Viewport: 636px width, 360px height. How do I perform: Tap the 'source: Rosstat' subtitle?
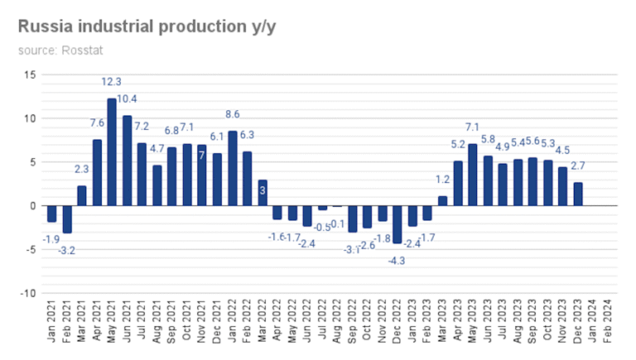pyautogui.click(x=54, y=50)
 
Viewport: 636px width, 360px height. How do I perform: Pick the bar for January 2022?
pyautogui.click(x=233, y=168)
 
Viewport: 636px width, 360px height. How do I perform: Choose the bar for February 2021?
pyautogui.click(x=67, y=219)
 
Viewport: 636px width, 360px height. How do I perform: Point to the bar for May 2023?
pyautogui.click(x=473, y=175)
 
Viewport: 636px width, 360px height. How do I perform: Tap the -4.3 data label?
pyautogui.click(x=397, y=261)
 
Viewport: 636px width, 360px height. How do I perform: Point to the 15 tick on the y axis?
pyautogui.click(x=31, y=74)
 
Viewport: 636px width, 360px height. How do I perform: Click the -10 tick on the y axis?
pyautogui.click(x=28, y=293)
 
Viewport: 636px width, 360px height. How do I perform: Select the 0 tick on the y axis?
pyautogui.click(x=33, y=205)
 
